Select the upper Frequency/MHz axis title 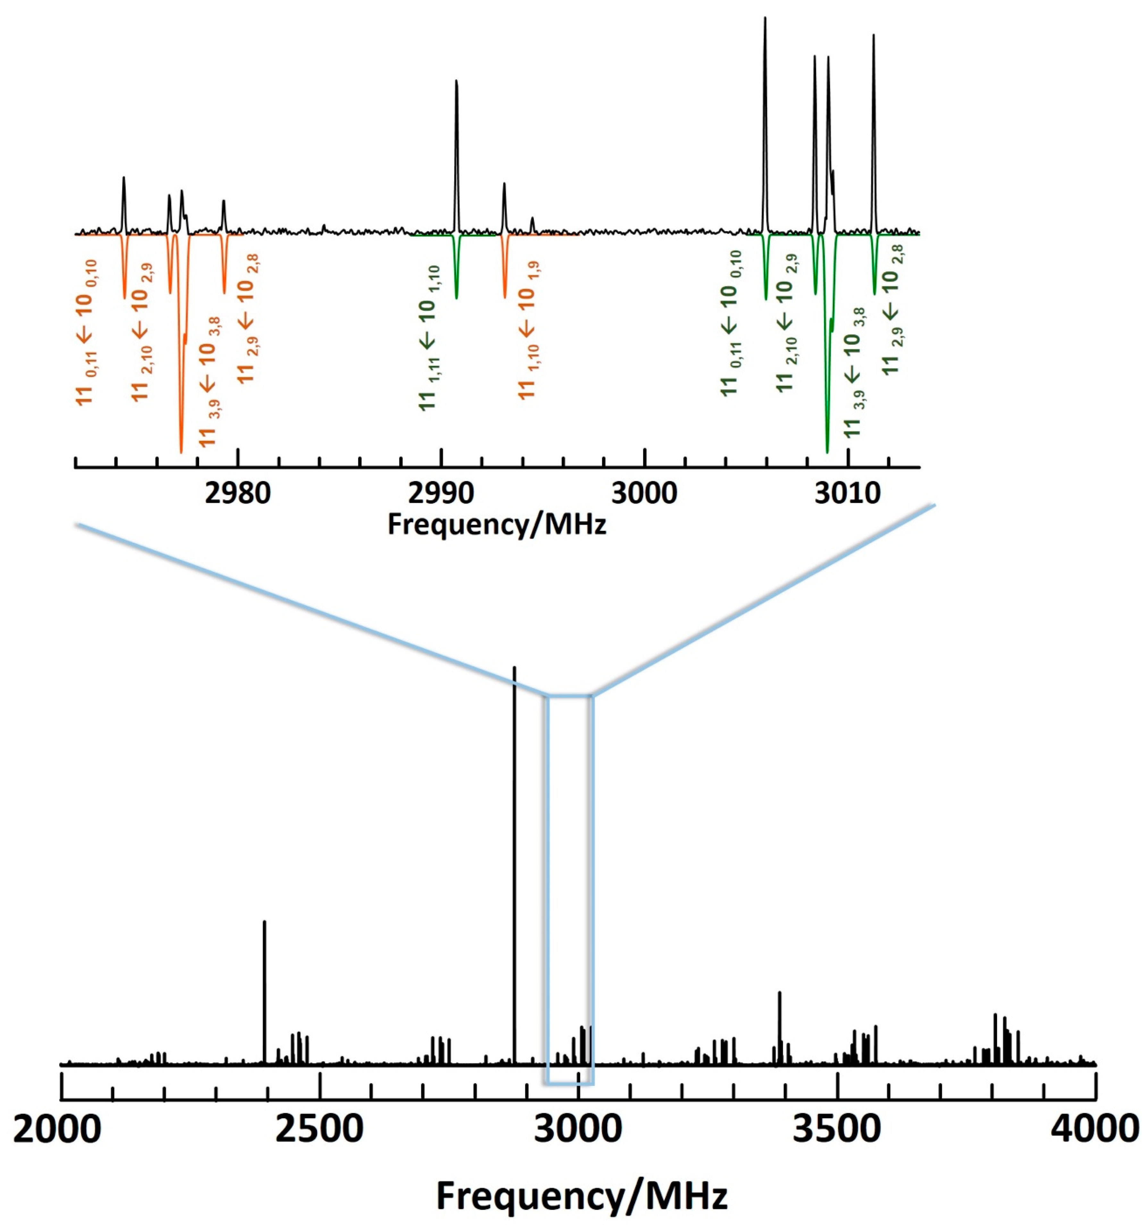[x=497, y=524]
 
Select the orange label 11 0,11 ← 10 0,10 [x=87, y=333]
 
